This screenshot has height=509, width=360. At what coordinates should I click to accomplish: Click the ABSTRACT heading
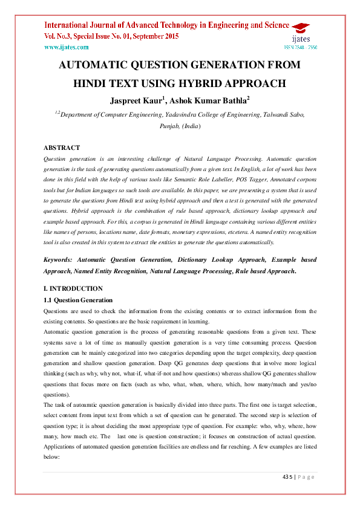click(62, 148)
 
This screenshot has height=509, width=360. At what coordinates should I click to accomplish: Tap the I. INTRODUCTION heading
click(73, 288)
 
